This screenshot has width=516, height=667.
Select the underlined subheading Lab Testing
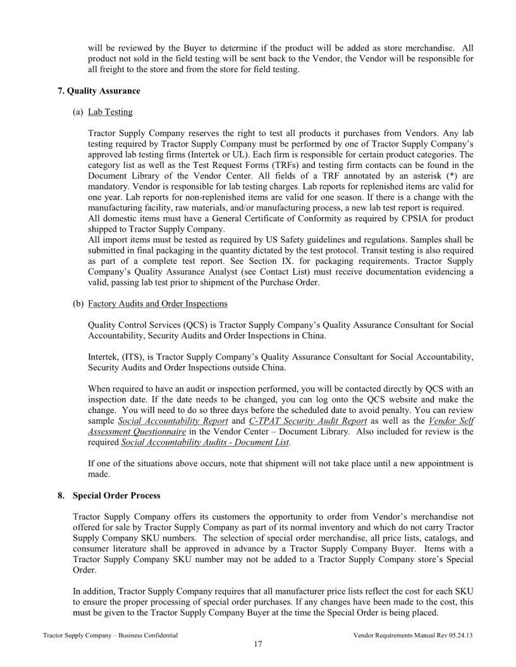click(x=110, y=112)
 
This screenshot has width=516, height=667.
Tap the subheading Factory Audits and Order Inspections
click(x=157, y=304)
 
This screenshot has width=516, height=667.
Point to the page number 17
click(x=257, y=644)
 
